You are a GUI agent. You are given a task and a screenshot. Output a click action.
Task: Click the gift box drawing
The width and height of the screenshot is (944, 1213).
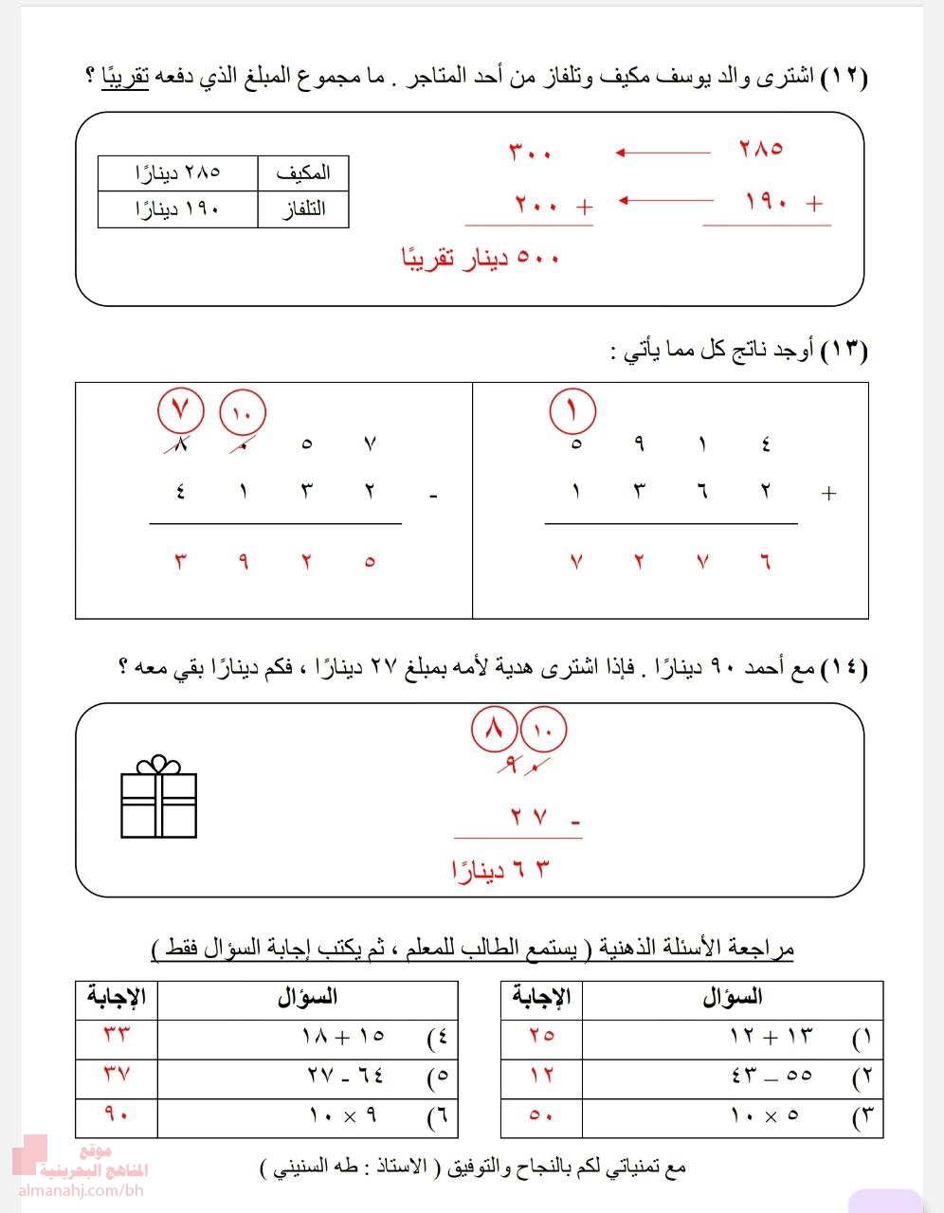point(158,799)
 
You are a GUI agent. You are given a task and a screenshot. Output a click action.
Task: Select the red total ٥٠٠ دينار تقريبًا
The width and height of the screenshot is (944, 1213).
point(481,258)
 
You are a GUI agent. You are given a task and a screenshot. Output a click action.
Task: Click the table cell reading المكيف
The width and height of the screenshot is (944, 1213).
point(303,173)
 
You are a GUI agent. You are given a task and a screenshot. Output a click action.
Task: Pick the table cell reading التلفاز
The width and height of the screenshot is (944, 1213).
point(303,209)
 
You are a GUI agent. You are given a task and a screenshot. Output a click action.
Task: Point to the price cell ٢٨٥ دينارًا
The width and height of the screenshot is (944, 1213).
point(178,173)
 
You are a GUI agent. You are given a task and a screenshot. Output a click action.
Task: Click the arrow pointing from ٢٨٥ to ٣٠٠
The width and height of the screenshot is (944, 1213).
point(663,153)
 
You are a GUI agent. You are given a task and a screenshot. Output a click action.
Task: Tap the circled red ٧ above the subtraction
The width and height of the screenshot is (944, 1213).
point(181,412)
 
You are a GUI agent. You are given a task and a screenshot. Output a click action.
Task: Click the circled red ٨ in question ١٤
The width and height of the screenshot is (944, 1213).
point(494,731)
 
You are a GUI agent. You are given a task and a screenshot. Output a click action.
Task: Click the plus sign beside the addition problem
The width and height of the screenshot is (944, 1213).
point(829,493)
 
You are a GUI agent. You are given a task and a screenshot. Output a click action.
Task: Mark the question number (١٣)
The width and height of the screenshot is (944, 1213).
point(844,352)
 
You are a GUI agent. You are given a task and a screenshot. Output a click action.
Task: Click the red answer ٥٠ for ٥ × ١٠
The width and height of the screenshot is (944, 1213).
point(541,1115)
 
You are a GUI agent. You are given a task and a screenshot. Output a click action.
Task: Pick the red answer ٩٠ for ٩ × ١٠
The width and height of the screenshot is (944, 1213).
point(116,1115)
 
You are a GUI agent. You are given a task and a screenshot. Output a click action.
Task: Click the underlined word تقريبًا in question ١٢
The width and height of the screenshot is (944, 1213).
point(126,78)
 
